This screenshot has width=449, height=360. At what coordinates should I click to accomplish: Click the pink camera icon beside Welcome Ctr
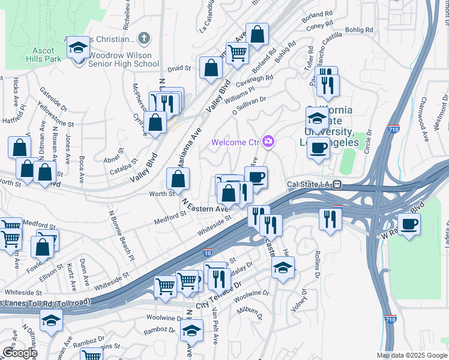[268, 142]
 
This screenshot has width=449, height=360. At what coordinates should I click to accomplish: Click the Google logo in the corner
[19, 353]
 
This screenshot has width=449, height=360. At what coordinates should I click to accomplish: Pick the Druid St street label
[179, 69]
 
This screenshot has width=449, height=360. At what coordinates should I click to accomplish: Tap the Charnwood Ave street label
[424, 119]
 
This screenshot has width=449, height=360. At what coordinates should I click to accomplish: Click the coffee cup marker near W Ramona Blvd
[409, 224]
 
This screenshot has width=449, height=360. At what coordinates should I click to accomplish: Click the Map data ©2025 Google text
[412, 355]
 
